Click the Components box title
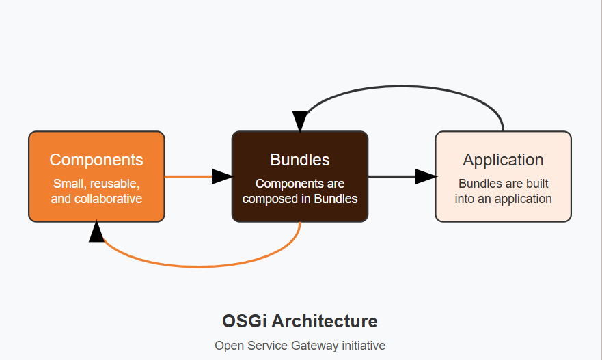tap(96, 160)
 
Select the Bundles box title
tap(300, 160)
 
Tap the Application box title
tap(503, 160)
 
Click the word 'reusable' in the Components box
tap(115, 184)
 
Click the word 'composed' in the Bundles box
tap(266, 199)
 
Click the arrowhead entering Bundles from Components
tap(221, 176)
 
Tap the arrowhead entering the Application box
tap(425, 176)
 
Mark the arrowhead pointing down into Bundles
tap(300, 121)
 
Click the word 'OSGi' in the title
tap(244, 321)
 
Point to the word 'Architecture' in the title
tap(323, 321)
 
